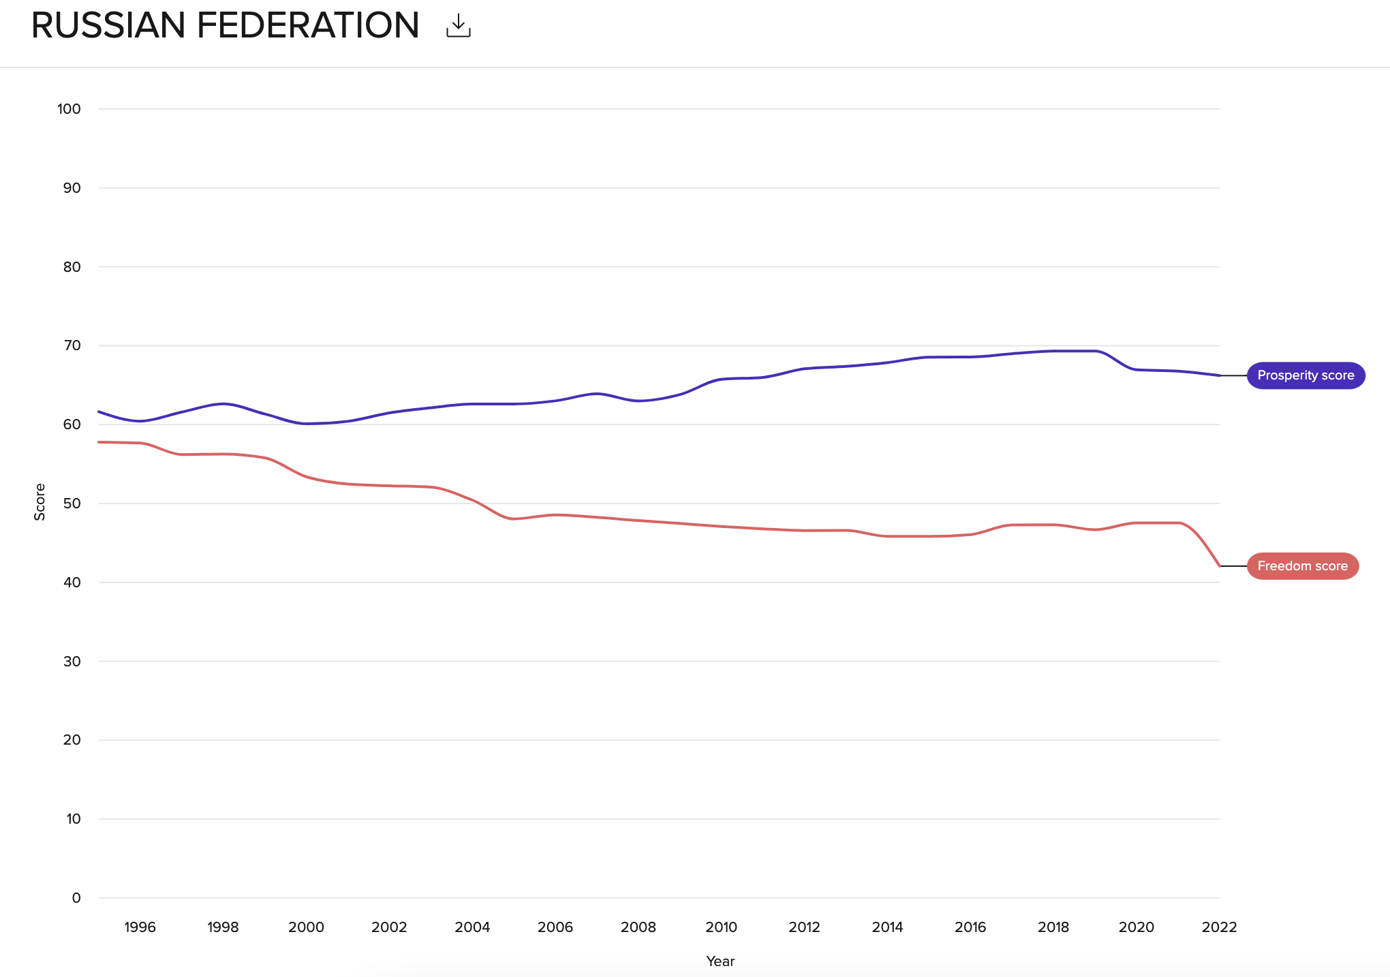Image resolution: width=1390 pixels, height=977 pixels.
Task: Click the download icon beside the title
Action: tap(458, 26)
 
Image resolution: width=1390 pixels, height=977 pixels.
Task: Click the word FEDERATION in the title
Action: tap(307, 26)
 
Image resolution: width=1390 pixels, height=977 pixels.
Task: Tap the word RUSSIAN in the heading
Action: tap(108, 26)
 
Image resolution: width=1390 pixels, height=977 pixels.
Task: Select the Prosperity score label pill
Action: tap(1305, 375)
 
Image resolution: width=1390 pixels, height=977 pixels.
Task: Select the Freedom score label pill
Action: tap(1302, 566)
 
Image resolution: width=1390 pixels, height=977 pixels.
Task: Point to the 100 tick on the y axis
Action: tap(69, 109)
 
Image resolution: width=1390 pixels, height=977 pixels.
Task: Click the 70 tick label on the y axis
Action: tap(72, 345)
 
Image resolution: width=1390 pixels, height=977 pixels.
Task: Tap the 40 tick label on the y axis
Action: tap(72, 583)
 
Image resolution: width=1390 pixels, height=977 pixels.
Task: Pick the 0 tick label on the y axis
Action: tap(76, 898)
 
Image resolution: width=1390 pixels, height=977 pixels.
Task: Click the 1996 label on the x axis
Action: tap(140, 927)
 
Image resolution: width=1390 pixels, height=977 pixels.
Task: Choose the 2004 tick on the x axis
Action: tap(472, 927)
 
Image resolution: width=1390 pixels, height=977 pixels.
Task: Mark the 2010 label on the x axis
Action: tap(721, 927)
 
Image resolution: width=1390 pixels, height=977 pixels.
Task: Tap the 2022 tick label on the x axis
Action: tap(1219, 927)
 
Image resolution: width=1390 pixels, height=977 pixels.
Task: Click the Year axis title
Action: tap(720, 961)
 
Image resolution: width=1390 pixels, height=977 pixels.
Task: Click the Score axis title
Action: tap(40, 502)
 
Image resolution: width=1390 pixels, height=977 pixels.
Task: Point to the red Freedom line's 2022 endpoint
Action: tap(1219, 565)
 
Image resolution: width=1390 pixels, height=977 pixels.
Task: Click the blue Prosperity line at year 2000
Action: tap(306, 424)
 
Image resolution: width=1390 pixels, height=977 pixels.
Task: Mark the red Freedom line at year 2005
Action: tap(514, 519)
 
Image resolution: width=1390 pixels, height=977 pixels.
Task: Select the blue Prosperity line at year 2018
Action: tap(1053, 351)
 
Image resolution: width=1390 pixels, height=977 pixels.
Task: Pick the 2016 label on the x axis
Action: tap(970, 927)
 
